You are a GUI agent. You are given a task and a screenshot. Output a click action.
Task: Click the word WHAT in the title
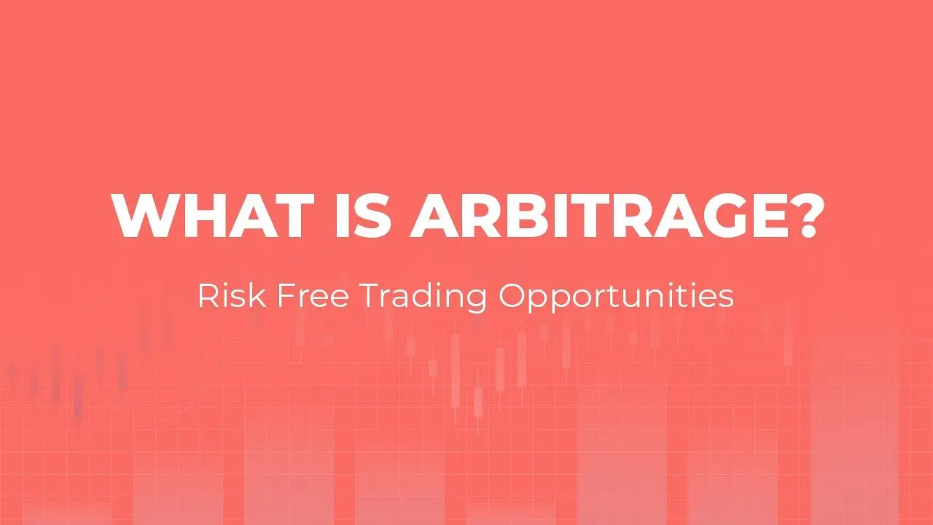click(x=213, y=215)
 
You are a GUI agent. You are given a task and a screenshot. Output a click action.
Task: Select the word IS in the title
click(x=363, y=215)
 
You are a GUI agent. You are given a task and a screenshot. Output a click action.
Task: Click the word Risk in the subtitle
click(x=232, y=295)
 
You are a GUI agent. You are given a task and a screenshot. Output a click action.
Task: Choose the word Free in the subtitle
click(x=313, y=296)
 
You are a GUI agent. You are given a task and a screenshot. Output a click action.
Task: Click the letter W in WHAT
click(x=145, y=215)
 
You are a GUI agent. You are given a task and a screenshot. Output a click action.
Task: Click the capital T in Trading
click(x=370, y=296)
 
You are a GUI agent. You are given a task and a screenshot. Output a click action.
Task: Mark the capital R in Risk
click(x=208, y=296)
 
